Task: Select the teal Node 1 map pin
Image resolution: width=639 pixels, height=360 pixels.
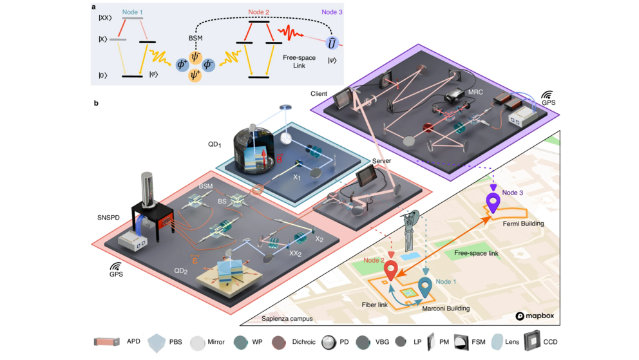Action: (x=425, y=284)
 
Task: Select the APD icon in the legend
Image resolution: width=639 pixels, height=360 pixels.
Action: (x=107, y=341)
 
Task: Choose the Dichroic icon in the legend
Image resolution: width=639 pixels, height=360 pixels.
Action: (x=281, y=341)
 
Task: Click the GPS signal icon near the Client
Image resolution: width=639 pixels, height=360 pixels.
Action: (x=548, y=96)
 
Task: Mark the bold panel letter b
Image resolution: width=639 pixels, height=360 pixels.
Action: (x=96, y=103)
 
